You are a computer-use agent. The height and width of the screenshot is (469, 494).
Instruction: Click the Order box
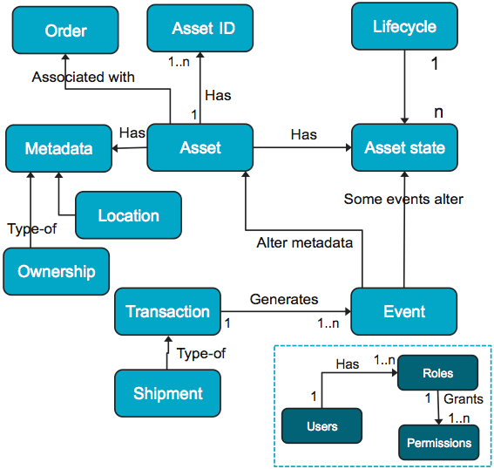(x=65, y=31)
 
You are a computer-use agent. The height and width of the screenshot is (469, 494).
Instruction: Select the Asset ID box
(x=200, y=28)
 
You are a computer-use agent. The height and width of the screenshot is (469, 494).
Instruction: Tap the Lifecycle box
(x=404, y=26)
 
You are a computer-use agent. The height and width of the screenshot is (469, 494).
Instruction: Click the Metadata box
(x=58, y=148)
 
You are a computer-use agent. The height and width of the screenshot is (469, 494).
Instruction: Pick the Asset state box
(x=404, y=147)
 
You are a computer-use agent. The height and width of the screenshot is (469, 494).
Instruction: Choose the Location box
(x=129, y=215)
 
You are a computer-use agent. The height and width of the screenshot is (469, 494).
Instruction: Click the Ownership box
(x=57, y=271)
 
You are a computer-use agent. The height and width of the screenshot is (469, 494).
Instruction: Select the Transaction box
(x=167, y=311)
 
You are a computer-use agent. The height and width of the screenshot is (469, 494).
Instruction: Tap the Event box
(x=404, y=311)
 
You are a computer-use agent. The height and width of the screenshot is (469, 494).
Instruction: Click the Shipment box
(x=167, y=393)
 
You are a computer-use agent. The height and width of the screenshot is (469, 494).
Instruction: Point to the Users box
(x=322, y=425)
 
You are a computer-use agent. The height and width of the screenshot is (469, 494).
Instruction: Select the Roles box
(x=438, y=373)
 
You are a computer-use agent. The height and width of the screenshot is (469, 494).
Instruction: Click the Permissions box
(x=439, y=443)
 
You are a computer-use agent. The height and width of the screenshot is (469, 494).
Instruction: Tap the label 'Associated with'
(x=83, y=78)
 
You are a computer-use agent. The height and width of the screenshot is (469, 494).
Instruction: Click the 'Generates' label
(x=284, y=299)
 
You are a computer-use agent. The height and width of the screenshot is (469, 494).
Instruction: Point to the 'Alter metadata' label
(x=304, y=243)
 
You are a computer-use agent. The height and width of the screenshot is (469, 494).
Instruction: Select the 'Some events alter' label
(x=403, y=199)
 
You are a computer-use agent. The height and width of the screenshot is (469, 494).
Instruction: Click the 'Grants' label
(x=464, y=399)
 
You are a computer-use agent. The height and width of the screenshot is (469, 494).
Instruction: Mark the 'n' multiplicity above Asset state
(x=438, y=112)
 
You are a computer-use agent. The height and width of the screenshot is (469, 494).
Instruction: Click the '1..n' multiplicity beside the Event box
(x=328, y=323)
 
